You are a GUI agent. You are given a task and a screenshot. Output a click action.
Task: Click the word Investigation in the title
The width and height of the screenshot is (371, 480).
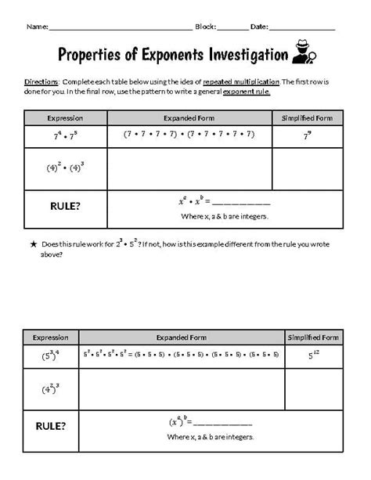tap(240, 54)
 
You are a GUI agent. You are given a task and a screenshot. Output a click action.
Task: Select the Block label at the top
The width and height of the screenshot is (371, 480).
tap(205, 26)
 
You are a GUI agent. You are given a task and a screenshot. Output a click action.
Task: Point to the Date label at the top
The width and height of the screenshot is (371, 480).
tap(258, 26)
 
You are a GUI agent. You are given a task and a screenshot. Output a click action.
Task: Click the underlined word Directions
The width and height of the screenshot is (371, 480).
tap(41, 82)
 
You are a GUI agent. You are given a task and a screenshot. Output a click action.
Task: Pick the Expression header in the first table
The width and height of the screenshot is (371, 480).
tap(65, 117)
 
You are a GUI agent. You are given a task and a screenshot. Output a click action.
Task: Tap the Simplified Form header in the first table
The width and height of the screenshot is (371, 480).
tap(307, 117)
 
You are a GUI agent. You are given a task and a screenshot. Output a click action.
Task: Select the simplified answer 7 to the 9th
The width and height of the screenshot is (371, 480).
tap(307, 135)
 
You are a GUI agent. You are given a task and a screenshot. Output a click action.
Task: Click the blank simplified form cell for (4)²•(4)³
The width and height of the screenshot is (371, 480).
tap(307, 169)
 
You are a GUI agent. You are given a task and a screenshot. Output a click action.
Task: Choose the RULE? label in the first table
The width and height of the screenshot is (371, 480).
tap(65, 206)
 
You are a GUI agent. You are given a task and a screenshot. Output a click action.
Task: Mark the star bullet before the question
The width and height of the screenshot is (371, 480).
tap(34, 245)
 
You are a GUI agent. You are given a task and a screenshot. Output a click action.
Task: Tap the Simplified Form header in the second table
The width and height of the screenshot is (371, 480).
tap(313, 337)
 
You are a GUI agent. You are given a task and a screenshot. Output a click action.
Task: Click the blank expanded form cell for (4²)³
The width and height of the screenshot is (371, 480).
tap(182, 389)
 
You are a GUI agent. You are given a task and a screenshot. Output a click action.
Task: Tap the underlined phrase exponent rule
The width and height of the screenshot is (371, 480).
tap(248, 92)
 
